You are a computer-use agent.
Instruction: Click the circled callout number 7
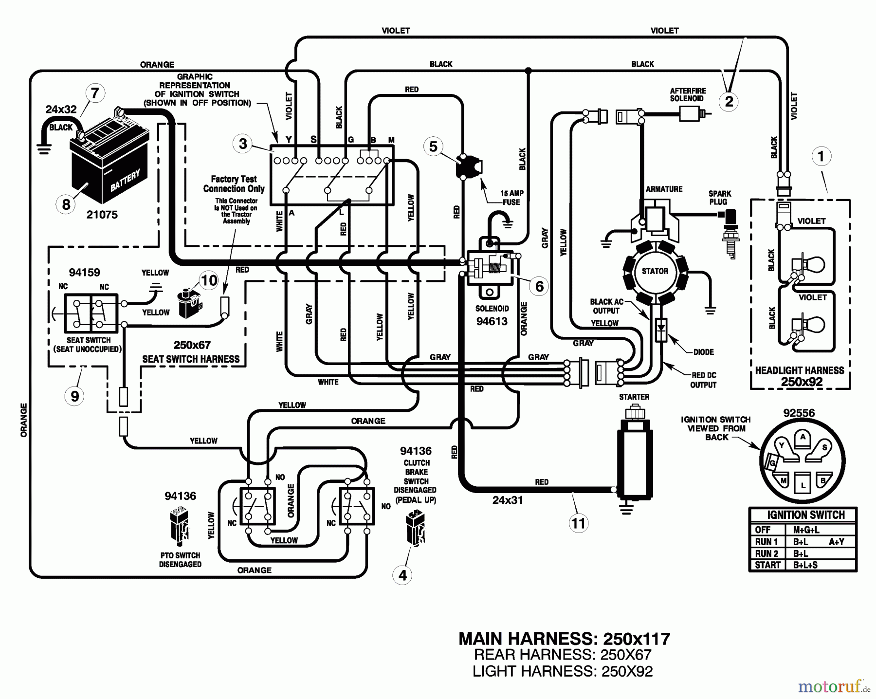point(95,92)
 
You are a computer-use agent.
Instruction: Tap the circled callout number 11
point(578,523)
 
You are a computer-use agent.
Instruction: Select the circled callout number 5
point(433,147)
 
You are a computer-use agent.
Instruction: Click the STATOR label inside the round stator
point(655,271)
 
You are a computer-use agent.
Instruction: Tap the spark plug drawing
point(730,231)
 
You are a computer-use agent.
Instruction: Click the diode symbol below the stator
point(661,327)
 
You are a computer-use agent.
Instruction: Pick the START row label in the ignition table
point(767,565)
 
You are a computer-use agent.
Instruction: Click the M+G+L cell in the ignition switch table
point(806,530)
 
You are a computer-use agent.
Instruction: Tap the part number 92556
point(799,413)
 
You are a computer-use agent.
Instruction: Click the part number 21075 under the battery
point(102,215)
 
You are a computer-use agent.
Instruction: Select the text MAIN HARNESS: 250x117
point(564,639)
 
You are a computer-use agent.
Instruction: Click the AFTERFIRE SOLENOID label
point(688,94)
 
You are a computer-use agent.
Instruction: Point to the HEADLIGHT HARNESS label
point(800,370)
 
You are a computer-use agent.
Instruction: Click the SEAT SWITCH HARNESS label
point(191,359)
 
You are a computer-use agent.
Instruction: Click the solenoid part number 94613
point(492,321)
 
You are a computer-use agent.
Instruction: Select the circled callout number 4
point(402,575)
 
